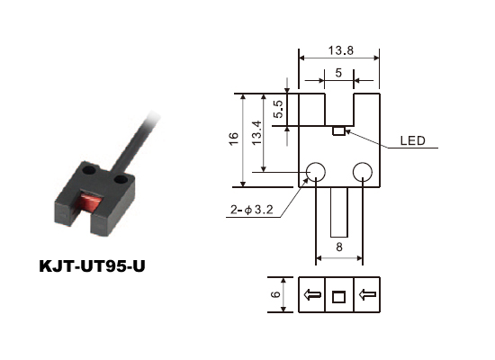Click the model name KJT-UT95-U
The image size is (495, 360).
tap(92, 266)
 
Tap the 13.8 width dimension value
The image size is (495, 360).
tap(340, 50)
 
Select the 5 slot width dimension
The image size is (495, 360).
tap(338, 73)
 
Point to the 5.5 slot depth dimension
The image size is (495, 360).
tap(279, 109)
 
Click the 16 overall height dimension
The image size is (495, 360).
tap(233, 139)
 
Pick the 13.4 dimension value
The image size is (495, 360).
tap(257, 132)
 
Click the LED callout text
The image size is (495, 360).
tap(412, 140)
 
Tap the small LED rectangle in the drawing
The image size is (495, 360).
tap(338, 131)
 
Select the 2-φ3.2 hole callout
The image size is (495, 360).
tap(252, 210)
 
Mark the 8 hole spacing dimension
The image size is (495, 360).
tap(339, 247)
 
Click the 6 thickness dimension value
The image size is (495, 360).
tap(276, 294)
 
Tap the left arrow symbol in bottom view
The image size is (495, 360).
tap(312, 294)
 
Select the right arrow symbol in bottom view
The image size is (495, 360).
tap(367, 294)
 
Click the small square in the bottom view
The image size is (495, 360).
tap(338, 296)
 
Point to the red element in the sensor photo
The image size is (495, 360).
tap(91, 202)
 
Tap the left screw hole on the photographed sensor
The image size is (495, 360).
tap(89, 170)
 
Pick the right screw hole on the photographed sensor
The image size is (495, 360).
tap(121, 180)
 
